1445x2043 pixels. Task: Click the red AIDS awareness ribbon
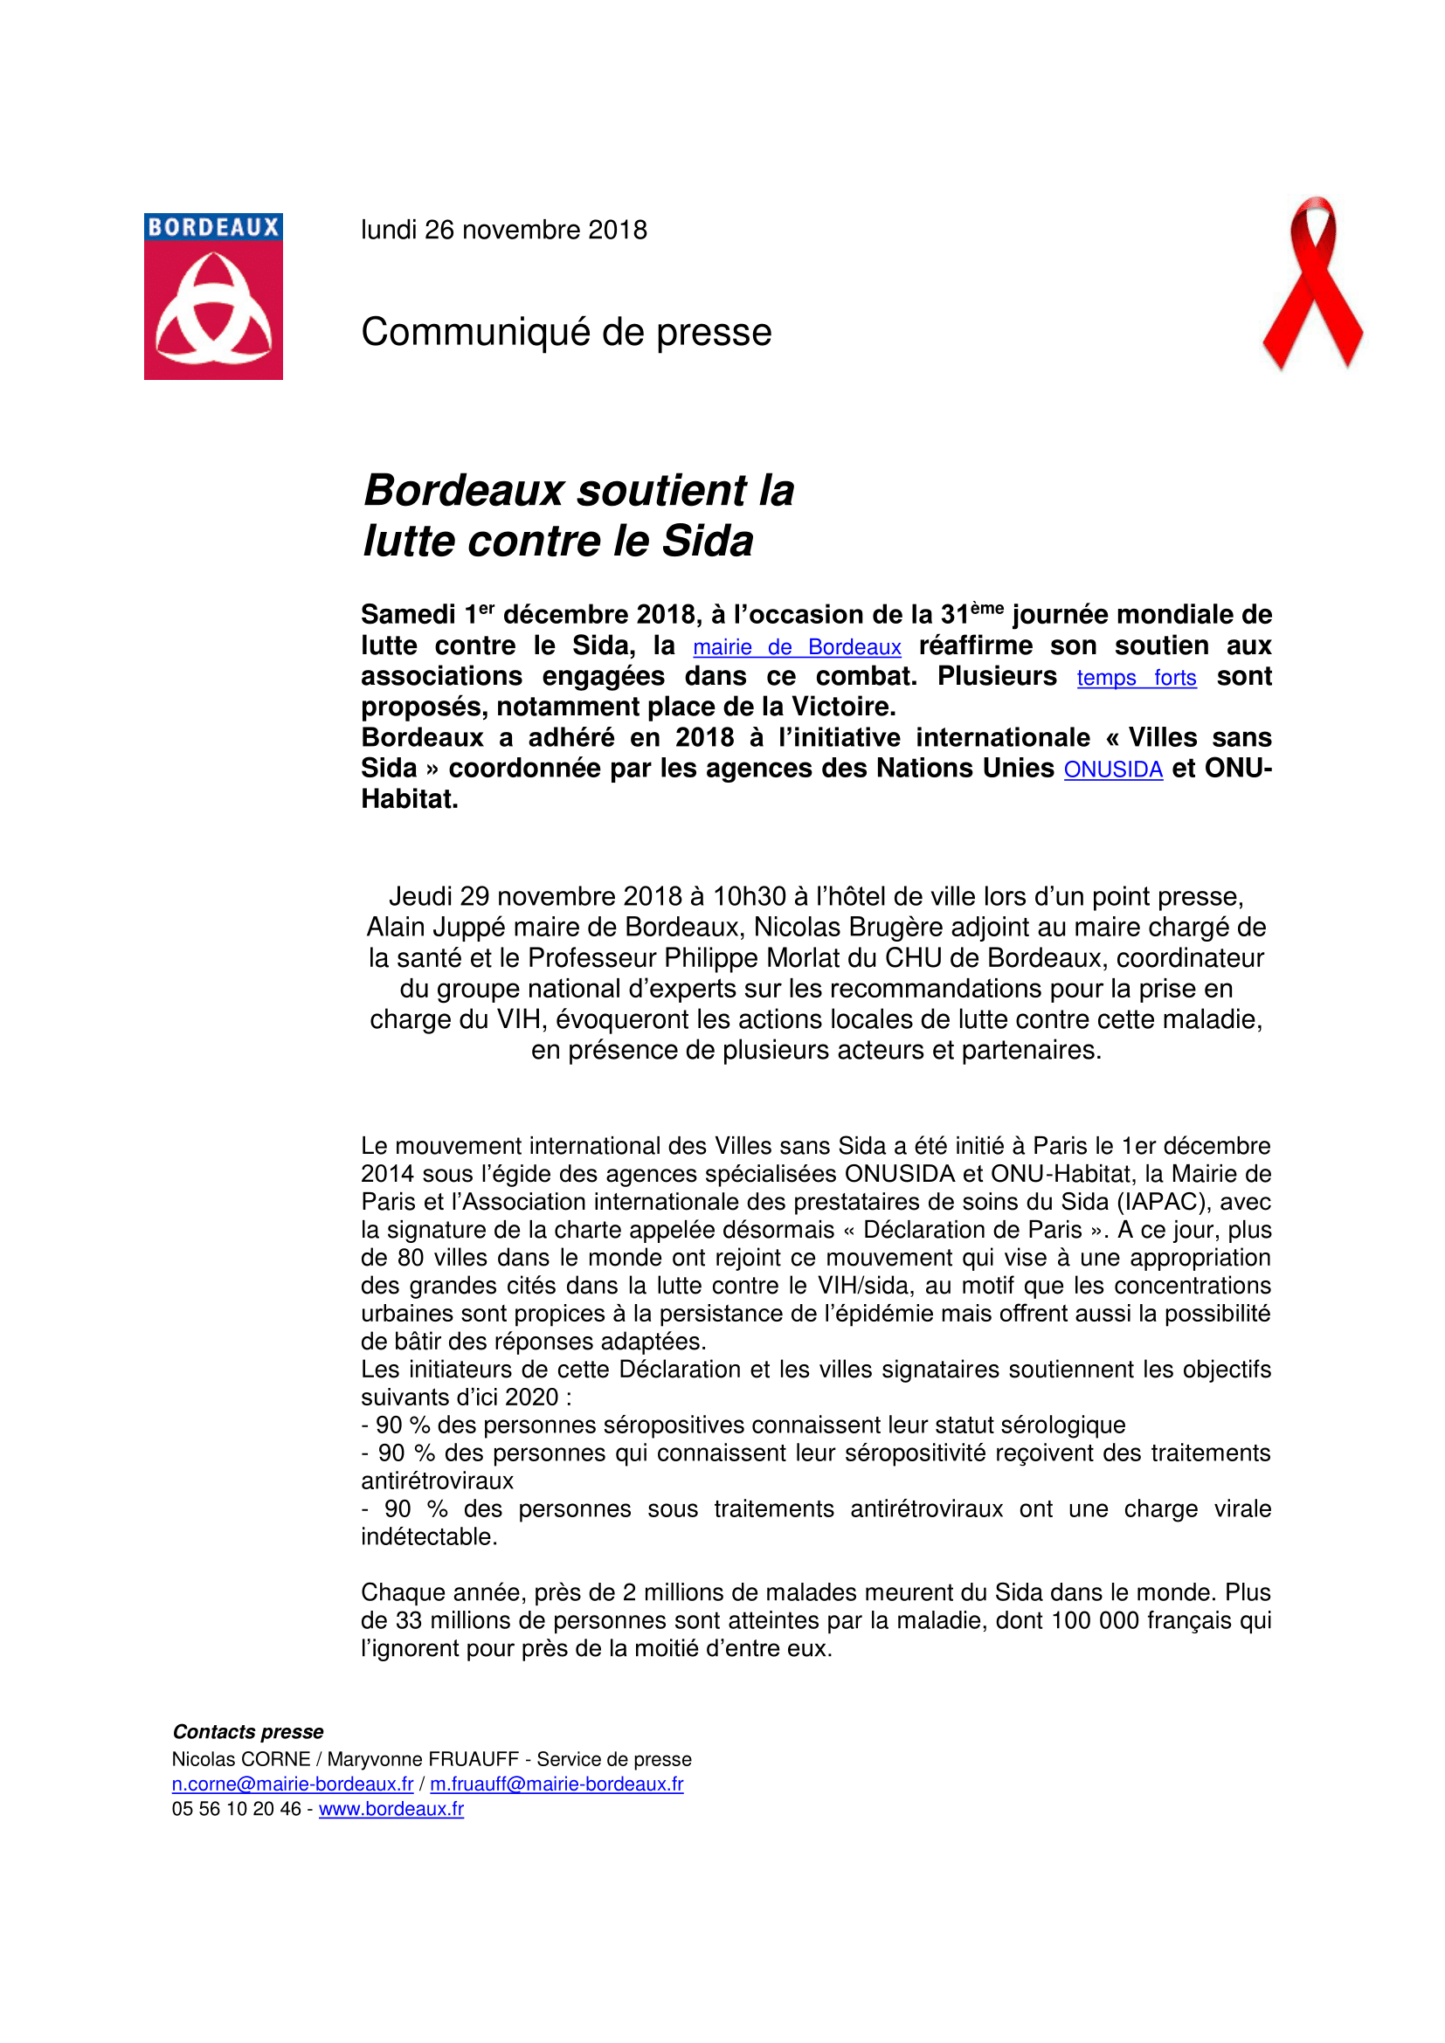pos(1312,283)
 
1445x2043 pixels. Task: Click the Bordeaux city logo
pos(213,296)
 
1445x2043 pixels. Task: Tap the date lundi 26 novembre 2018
pos(503,231)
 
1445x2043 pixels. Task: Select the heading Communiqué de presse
pos(566,333)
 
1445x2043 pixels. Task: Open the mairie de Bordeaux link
pos(797,648)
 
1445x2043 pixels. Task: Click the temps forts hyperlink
pos(1137,678)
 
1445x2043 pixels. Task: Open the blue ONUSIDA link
pos(1113,770)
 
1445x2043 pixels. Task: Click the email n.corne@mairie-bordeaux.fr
pos(292,1784)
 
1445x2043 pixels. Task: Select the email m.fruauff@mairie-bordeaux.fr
pos(557,1784)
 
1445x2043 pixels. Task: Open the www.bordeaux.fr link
pos(391,1809)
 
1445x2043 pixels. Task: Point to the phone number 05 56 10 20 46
pos(236,1809)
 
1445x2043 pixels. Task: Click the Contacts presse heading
pos(247,1731)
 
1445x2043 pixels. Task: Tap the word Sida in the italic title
pos(709,541)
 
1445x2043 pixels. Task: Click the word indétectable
pos(429,1536)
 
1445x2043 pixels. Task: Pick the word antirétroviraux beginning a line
pos(437,1480)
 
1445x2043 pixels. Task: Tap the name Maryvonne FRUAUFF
pos(423,1759)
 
